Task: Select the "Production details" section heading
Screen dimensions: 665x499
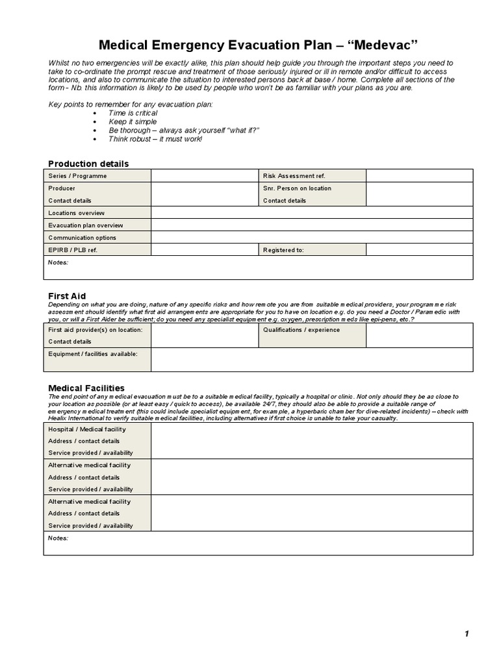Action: pos(88,164)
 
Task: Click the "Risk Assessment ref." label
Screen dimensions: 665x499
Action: pos(294,176)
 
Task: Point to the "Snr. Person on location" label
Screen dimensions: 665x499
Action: pos(297,188)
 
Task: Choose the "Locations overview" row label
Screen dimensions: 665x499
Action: pos(76,213)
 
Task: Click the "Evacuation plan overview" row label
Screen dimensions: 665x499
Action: pos(85,225)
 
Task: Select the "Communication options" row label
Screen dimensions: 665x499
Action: pos(82,238)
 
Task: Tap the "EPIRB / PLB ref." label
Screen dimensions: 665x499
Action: pos(73,250)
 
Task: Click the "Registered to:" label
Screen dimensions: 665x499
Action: pos(283,250)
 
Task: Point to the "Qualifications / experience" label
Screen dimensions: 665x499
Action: pos(301,330)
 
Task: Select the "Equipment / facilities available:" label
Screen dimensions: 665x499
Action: pos(93,353)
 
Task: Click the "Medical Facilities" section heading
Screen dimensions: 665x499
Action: pos(86,388)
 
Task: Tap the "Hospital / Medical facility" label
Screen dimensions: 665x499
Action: pos(87,429)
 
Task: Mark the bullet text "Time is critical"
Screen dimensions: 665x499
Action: pos(133,113)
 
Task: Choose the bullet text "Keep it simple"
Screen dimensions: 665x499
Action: pos(133,121)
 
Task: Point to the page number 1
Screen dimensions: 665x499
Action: pos(467,634)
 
